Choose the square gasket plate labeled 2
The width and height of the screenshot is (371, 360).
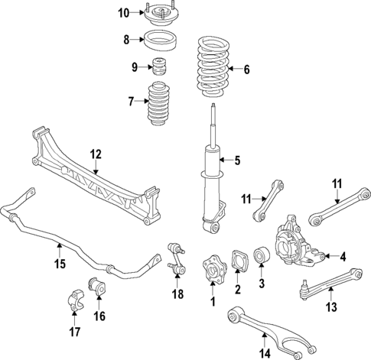coord(238,260)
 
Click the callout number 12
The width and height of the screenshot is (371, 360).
coord(95,154)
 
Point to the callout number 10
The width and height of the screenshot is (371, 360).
coord(124,12)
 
